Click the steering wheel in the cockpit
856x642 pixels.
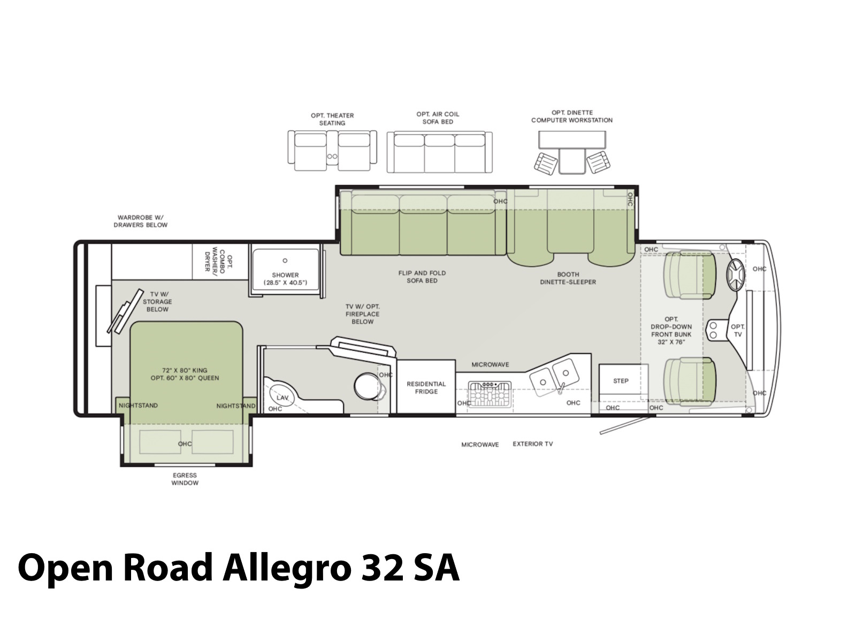click(735, 275)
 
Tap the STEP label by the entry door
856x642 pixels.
click(621, 381)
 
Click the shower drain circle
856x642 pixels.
click(285, 261)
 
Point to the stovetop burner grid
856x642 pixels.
click(490, 394)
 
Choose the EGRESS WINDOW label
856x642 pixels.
click(185, 479)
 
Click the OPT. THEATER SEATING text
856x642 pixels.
click(332, 119)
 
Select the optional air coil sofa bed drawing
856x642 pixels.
click(440, 152)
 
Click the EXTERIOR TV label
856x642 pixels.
click(533, 444)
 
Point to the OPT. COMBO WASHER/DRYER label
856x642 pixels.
click(217, 261)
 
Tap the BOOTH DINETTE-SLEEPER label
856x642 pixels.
click(568, 278)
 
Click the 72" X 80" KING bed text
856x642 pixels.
click(185, 370)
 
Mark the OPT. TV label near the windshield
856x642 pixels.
click(738, 331)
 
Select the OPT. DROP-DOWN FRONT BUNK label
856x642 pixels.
click(671, 331)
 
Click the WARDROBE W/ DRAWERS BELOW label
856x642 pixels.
click(140, 221)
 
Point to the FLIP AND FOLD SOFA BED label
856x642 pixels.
click(422, 277)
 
